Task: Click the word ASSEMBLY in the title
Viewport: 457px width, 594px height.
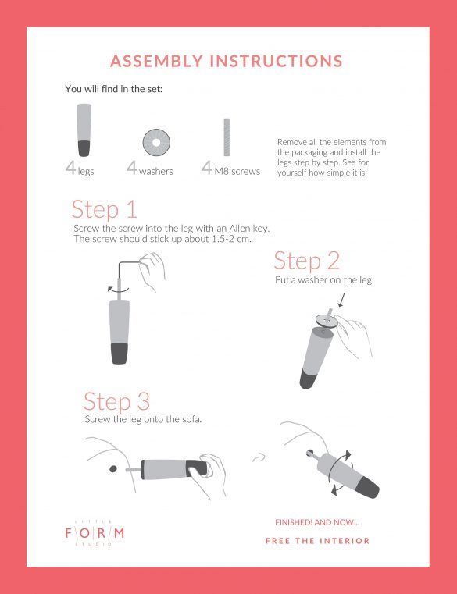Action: click(x=157, y=61)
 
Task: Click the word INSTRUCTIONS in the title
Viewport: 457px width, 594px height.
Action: click(x=277, y=61)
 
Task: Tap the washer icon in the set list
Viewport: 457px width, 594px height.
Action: click(x=156, y=142)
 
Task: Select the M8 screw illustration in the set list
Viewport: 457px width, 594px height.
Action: click(x=227, y=137)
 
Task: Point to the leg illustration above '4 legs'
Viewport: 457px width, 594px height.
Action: click(x=84, y=130)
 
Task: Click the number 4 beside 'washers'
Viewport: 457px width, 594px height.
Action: click(x=131, y=168)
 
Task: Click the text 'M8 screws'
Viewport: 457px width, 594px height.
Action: click(x=237, y=171)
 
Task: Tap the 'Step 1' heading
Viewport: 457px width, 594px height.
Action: click(x=105, y=209)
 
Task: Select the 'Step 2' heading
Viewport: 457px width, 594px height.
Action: click(x=306, y=261)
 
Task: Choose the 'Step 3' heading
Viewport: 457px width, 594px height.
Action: click(x=117, y=402)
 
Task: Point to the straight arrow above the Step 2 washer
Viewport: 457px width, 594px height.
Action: click(x=341, y=299)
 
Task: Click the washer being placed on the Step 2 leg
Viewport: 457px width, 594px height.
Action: click(x=327, y=321)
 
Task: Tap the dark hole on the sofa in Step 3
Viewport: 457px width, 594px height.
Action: click(x=113, y=469)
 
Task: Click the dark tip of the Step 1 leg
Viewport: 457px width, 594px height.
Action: click(x=120, y=354)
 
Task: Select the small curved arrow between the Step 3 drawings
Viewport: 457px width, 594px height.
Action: click(x=259, y=458)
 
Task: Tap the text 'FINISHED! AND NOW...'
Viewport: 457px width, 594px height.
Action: click(x=317, y=522)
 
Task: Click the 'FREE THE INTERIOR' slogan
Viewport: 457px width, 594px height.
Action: click(x=317, y=541)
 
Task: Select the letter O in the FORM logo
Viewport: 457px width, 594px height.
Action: click(x=84, y=533)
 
